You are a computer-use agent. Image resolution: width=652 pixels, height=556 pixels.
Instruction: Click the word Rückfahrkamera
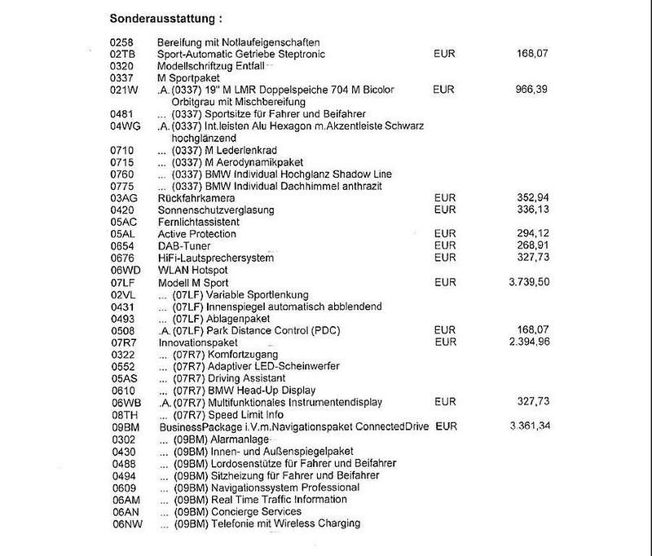(x=198, y=198)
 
